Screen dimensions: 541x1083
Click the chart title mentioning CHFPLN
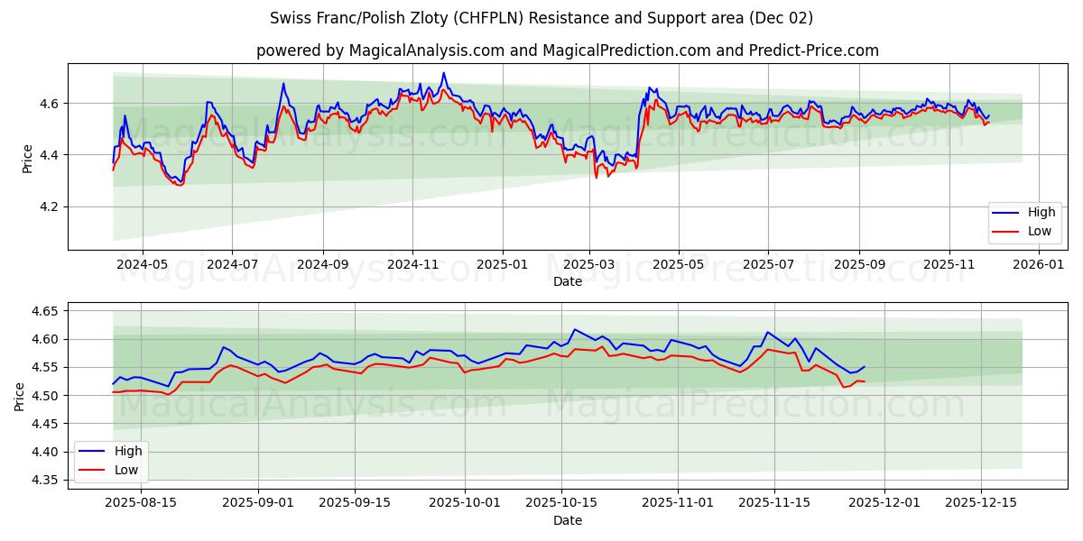541,18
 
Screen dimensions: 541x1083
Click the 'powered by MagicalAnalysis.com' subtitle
567,50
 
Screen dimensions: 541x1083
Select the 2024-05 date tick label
143,265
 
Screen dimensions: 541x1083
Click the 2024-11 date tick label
412,265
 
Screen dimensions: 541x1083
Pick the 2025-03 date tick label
589,265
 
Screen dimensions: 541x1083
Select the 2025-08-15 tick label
142,503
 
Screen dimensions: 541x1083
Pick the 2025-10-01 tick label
465,503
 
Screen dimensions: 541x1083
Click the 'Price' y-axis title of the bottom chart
20,396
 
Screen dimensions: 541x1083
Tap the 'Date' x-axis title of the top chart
567,281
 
